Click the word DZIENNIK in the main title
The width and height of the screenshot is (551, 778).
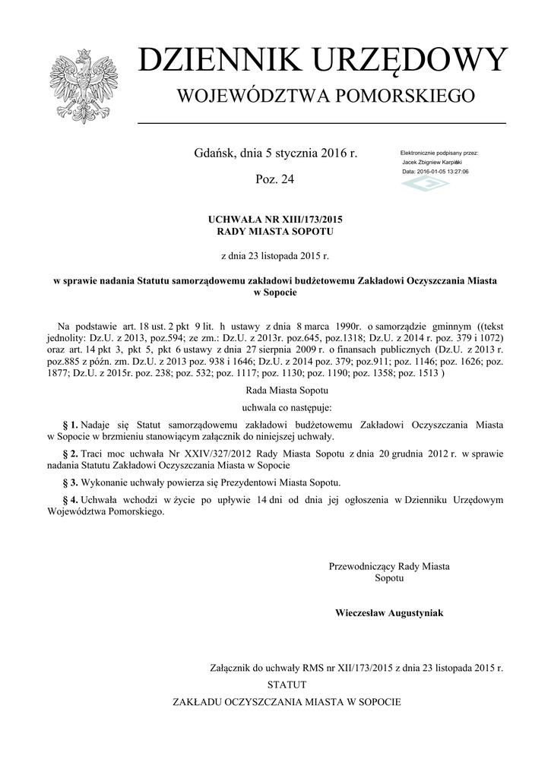click(x=209, y=62)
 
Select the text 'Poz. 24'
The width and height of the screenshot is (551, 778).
click(x=275, y=179)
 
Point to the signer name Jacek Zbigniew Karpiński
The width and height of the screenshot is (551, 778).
click(x=432, y=163)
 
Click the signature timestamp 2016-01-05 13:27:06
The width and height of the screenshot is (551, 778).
click(x=445, y=172)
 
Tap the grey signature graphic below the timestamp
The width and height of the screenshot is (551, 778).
click(x=425, y=185)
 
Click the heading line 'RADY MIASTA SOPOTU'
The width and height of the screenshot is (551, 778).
click(x=275, y=231)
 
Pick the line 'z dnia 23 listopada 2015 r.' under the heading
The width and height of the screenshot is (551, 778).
click(x=275, y=256)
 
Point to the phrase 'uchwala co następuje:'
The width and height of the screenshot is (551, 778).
click(x=275, y=407)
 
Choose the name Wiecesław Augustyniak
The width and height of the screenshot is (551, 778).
click(x=389, y=612)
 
